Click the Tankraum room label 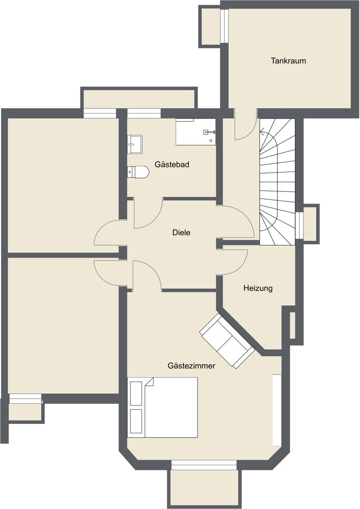click(288, 61)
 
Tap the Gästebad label click(172, 164)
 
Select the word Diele click(181, 233)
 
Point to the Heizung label click(258, 288)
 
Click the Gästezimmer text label click(191, 365)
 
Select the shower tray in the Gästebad click(196, 132)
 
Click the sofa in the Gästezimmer click(227, 340)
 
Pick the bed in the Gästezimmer click(163, 408)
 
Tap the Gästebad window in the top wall click(144, 113)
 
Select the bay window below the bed click(204, 465)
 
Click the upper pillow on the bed click(136, 393)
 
